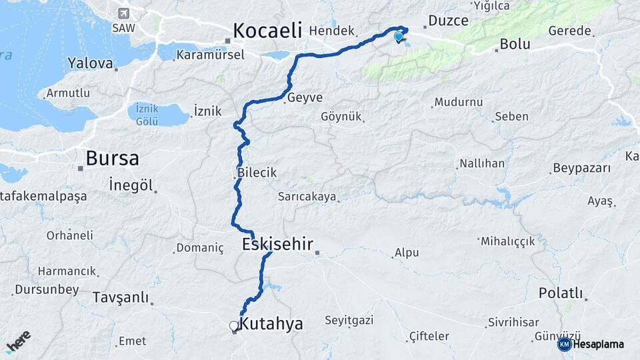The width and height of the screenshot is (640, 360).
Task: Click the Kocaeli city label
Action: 267,30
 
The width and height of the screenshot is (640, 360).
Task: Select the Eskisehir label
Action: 277,244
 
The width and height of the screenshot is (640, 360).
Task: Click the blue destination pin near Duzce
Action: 399,37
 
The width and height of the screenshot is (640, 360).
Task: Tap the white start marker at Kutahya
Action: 233,326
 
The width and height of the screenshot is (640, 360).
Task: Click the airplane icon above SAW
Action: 123,13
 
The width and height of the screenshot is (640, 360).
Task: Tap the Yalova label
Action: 89,63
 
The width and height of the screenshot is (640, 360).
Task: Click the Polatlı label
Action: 561,294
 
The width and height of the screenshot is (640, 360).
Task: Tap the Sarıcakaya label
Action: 307,197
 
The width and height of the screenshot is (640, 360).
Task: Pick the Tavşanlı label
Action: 121,297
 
